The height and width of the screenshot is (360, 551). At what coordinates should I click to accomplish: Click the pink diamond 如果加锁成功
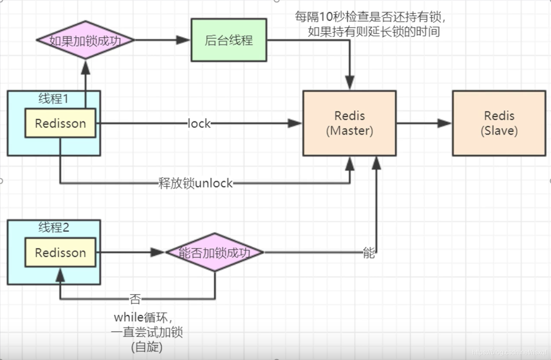click(x=85, y=40)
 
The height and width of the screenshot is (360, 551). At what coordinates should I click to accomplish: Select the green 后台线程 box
click(x=229, y=40)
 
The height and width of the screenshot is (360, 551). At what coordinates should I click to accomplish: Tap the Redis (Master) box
click(x=349, y=123)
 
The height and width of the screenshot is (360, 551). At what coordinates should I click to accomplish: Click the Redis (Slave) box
click(x=499, y=123)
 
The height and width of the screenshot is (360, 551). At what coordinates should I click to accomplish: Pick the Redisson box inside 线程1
click(x=60, y=123)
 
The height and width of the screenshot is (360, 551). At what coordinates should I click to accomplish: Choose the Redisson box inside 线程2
click(x=60, y=252)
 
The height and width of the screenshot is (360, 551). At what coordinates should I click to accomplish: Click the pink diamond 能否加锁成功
click(x=215, y=252)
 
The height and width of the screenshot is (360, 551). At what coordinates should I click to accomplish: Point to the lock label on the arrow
click(x=199, y=124)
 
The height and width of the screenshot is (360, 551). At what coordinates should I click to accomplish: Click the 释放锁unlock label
click(x=195, y=183)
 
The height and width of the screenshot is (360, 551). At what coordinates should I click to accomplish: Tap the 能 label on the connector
click(x=369, y=254)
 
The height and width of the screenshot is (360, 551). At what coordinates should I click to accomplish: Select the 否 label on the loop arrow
click(x=135, y=300)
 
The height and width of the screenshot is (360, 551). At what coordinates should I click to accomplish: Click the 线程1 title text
click(x=54, y=99)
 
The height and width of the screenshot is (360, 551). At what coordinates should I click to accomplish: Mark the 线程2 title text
click(x=54, y=228)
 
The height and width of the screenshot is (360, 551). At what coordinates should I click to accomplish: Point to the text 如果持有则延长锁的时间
click(x=374, y=32)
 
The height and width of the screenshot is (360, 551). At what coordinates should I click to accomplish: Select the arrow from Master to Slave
click(x=424, y=123)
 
